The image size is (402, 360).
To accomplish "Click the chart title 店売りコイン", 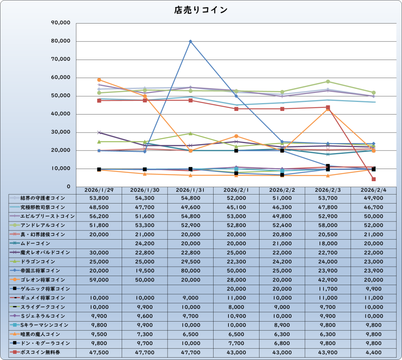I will (x=201, y=10).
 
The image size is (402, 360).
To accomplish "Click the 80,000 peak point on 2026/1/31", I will (x=190, y=41).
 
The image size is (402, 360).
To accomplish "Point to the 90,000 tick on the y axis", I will (x=61, y=23).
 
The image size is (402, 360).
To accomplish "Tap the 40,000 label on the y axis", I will (x=61, y=114).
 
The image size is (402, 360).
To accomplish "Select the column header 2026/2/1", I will (x=236, y=190).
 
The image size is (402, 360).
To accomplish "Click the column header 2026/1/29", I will (x=99, y=190).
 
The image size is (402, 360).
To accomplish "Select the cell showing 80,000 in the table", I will (x=190, y=271).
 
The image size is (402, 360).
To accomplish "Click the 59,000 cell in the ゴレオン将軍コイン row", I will (x=99, y=280).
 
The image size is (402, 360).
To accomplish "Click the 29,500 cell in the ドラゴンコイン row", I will (x=190, y=262).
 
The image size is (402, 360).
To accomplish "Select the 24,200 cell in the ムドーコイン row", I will (x=144, y=244).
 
